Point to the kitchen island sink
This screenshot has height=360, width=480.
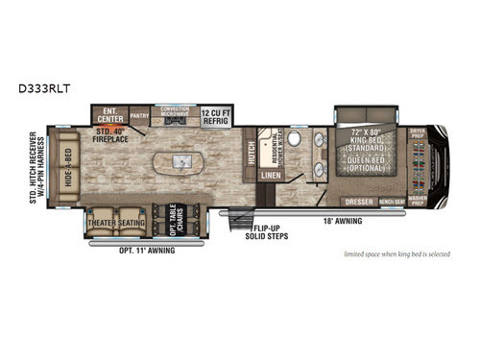pyautogui.click(x=179, y=164)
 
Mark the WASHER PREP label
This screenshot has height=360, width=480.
pyautogui.click(x=416, y=201)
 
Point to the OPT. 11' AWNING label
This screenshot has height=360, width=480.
pyautogui.click(x=121, y=252)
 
